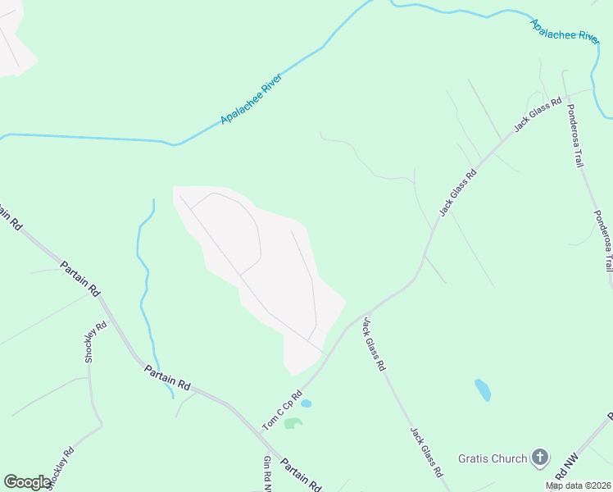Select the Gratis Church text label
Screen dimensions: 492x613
(493, 458)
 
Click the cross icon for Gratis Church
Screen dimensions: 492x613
(539, 458)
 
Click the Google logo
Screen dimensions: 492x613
(27, 482)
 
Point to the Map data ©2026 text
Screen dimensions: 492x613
(579, 485)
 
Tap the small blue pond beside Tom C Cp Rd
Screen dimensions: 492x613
(306, 403)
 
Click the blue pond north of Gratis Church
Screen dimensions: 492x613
(483, 389)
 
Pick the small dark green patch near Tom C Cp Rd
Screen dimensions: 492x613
(293, 423)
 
